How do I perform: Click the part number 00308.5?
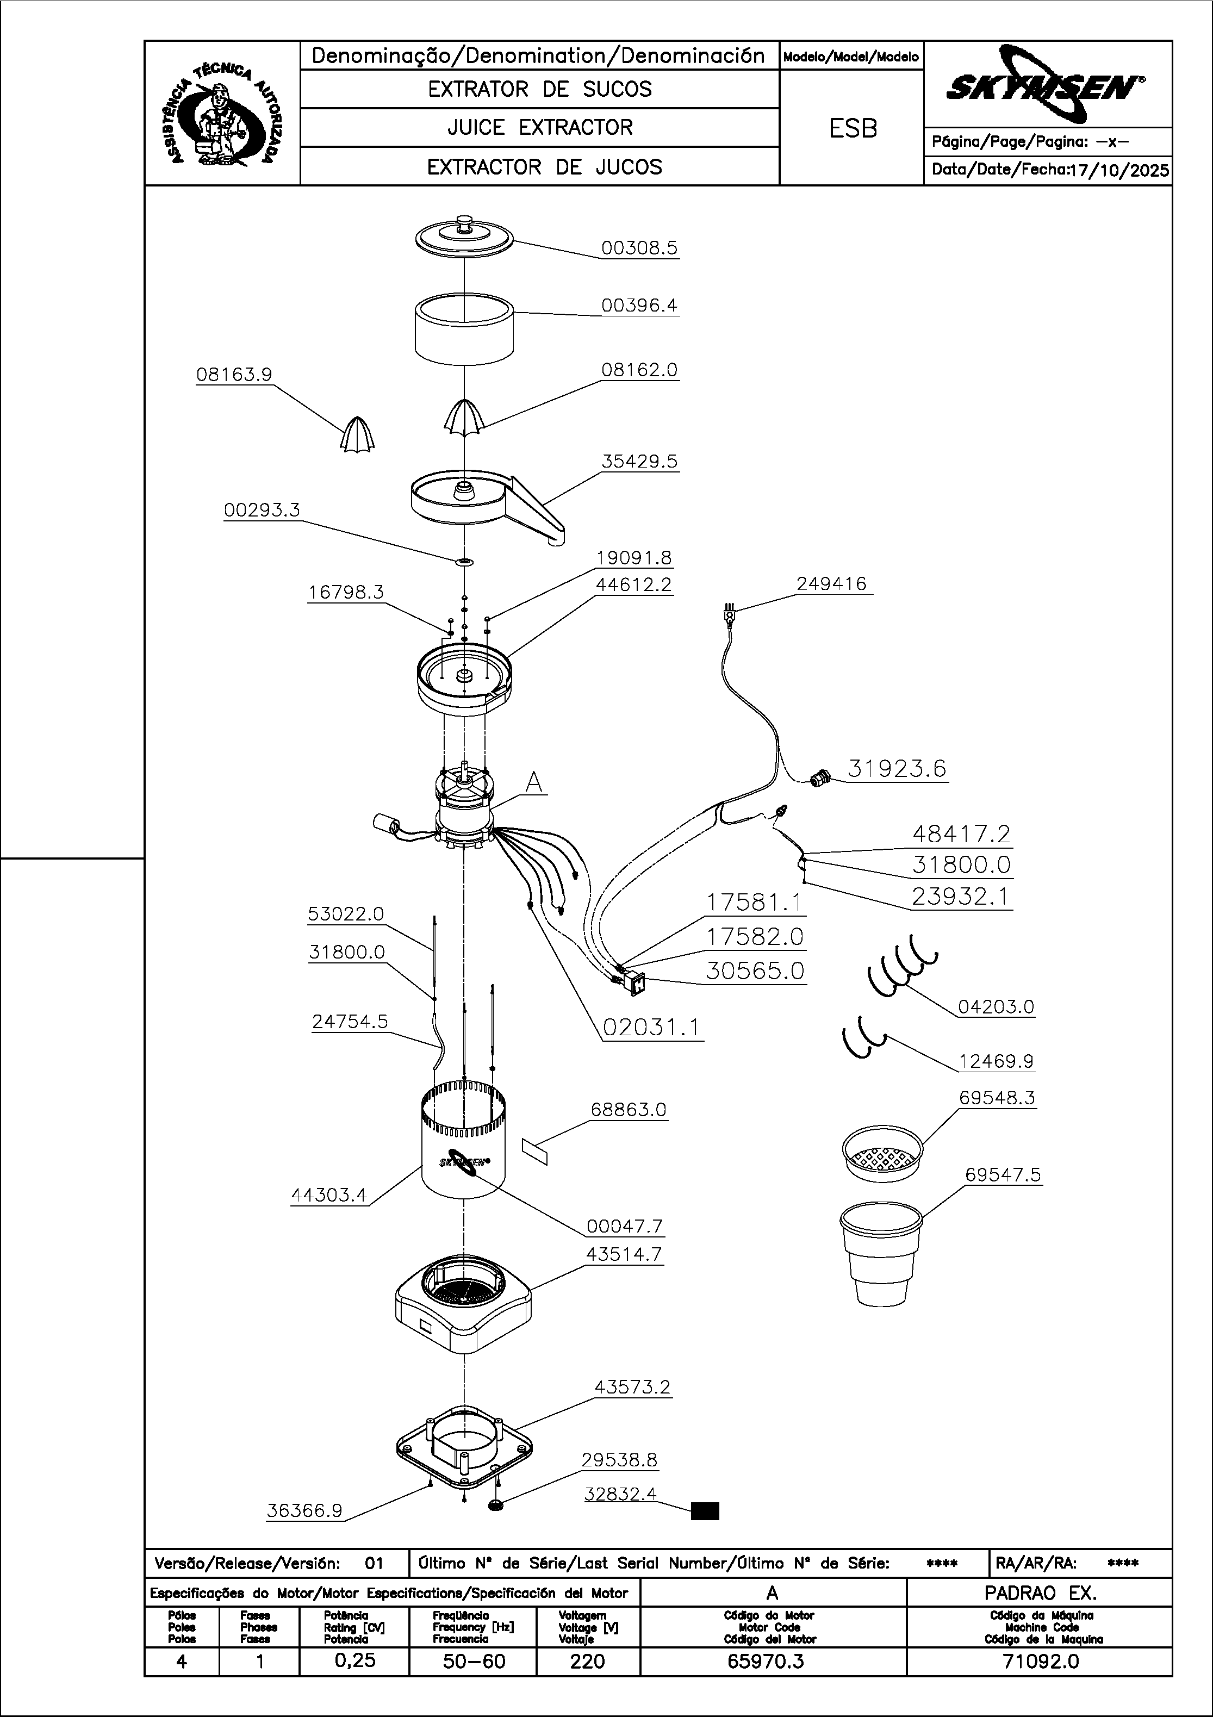coord(639,247)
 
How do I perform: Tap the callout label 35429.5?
coord(639,462)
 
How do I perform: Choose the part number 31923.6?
coord(897,768)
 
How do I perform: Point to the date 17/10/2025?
coord(1119,170)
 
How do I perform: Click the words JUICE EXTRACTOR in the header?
coord(540,128)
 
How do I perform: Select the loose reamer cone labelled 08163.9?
coord(357,434)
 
